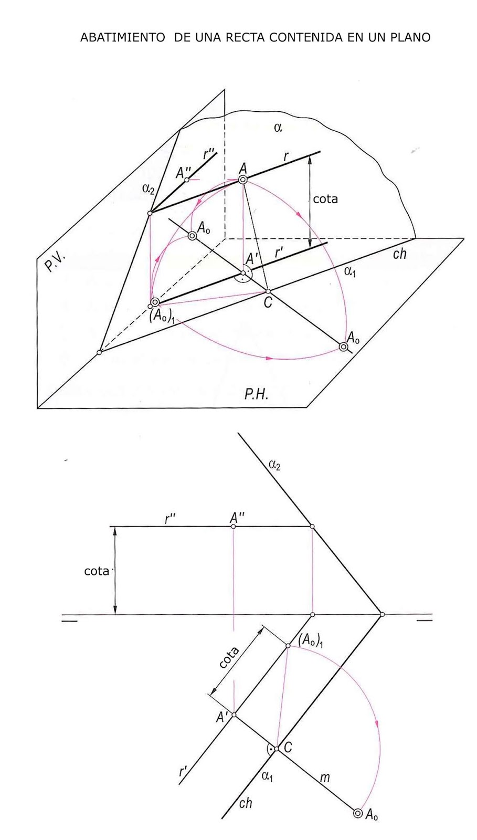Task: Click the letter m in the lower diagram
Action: pos(325,778)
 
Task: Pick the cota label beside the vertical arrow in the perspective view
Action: pos(325,199)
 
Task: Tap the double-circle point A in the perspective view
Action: pos(243,180)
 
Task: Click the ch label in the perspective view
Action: pos(399,254)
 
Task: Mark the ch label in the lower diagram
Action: pos(245,803)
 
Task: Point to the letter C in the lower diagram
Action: pos(288,747)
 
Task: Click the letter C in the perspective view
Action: pos(268,303)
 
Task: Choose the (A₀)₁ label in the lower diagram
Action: pos(311,640)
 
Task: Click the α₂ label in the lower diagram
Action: pos(274,464)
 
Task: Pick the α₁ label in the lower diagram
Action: pos(267,775)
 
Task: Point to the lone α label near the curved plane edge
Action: pos(278,127)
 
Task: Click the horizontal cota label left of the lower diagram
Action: pos(97,571)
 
